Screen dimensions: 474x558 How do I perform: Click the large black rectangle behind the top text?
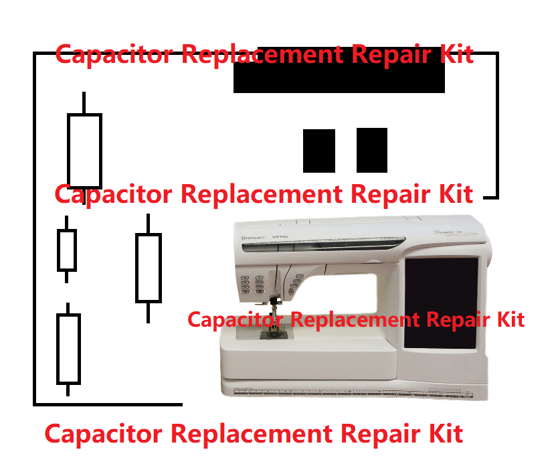tap(339, 79)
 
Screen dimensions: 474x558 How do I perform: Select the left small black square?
tap(319, 151)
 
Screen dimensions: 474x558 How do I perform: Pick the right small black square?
tap(372, 150)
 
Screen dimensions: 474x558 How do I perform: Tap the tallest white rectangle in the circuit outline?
tap(84, 151)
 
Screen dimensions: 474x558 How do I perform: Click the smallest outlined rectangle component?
tap(66, 250)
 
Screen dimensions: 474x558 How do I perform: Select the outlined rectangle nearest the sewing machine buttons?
tap(149, 267)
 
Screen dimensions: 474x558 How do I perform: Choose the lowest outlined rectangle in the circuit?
tap(68, 349)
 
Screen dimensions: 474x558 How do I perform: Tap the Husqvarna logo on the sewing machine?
tap(254, 238)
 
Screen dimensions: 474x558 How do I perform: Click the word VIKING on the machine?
tap(280, 238)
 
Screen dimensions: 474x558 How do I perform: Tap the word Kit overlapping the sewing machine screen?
tap(506, 319)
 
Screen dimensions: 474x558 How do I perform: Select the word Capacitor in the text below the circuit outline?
tap(104, 433)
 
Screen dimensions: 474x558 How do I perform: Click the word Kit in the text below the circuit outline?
tap(442, 433)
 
